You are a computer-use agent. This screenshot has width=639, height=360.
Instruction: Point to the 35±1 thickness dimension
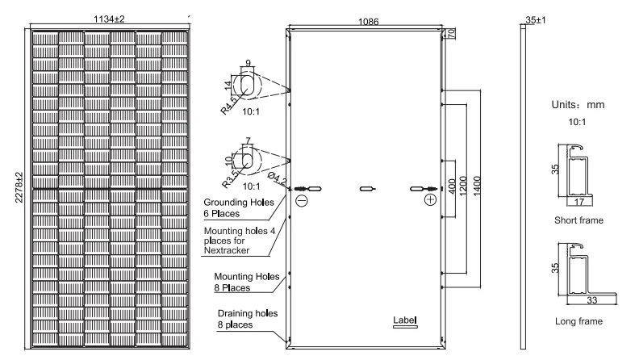point(533,17)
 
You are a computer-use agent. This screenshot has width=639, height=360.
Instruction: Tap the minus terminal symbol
point(301,201)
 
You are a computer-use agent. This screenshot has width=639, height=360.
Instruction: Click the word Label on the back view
point(405,320)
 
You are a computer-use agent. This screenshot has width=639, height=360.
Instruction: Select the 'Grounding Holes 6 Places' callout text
point(239,208)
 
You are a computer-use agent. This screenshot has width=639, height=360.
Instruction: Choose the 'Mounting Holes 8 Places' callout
point(240,281)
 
